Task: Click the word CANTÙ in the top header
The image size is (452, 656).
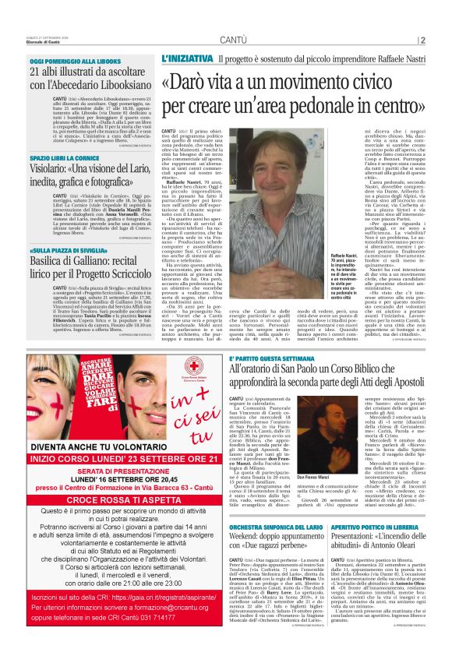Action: coord(234,38)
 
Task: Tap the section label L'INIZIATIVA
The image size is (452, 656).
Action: coord(186,59)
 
